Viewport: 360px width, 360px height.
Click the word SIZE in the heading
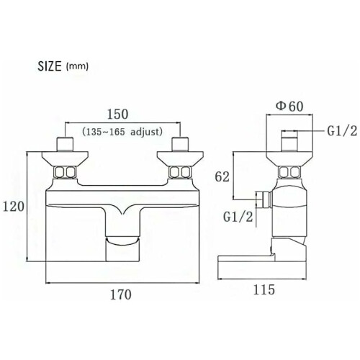[x=50, y=66]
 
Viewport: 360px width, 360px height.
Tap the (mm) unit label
[x=77, y=66]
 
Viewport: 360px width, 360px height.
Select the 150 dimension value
[x=117, y=114]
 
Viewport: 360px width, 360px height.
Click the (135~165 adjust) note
[x=122, y=132]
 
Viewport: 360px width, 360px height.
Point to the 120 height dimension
[x=14, y=207]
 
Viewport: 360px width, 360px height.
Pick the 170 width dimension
[x=121, y=294]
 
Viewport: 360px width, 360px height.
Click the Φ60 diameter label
[x=289, y=106]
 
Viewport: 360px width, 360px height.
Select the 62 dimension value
[x=222, y=177]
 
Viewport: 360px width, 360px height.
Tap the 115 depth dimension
[x=264, y=289]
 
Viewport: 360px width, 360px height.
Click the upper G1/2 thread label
[x=343, y=131]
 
